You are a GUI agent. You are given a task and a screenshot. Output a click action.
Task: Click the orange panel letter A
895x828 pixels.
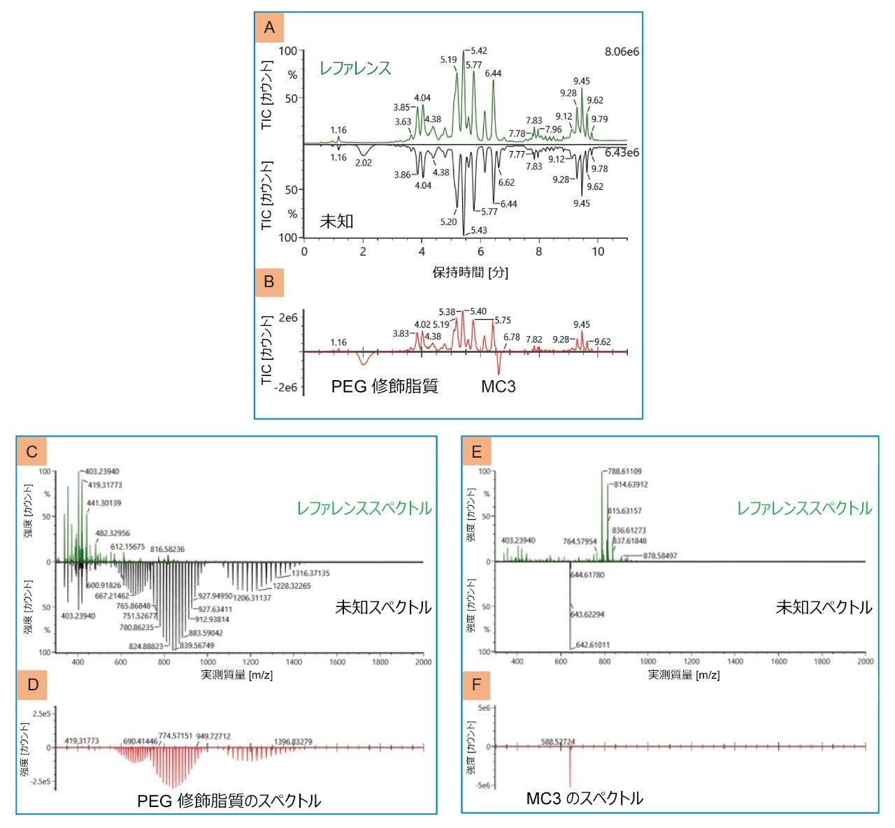tap(270, 28)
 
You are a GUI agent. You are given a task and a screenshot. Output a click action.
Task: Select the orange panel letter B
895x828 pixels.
tap(270, 283)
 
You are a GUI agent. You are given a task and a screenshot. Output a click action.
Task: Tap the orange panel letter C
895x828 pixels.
tap(32, 452)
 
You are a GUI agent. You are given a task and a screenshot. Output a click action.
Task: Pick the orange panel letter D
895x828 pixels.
tap(32, 685)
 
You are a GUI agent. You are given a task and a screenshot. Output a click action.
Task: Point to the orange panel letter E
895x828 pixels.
tap(477, 452)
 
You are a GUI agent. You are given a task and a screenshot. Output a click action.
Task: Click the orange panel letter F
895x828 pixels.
tap(477, 685)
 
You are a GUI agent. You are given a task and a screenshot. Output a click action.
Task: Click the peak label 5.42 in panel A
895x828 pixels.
tap(479, 51)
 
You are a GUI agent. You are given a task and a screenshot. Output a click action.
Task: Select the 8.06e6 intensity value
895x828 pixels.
tap(622, 52)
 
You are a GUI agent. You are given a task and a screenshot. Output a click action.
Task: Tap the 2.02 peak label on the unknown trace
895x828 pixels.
tap(364, 163)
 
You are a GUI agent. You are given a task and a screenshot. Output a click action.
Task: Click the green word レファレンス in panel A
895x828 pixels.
tap(355, 68)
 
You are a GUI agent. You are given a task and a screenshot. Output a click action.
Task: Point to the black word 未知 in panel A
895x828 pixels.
tap(336, 221)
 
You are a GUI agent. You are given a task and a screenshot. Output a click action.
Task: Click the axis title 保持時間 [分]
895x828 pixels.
tap(470, 273)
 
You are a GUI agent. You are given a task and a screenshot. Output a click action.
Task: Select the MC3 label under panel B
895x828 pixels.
tap(498, 386)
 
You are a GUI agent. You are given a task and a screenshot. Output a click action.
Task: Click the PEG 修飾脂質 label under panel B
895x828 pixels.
tap(385, 386)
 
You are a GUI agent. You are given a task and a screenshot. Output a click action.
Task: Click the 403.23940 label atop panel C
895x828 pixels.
tap(102, 472)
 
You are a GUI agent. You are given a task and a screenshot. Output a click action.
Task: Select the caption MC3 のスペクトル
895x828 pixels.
tap(585, 798)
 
